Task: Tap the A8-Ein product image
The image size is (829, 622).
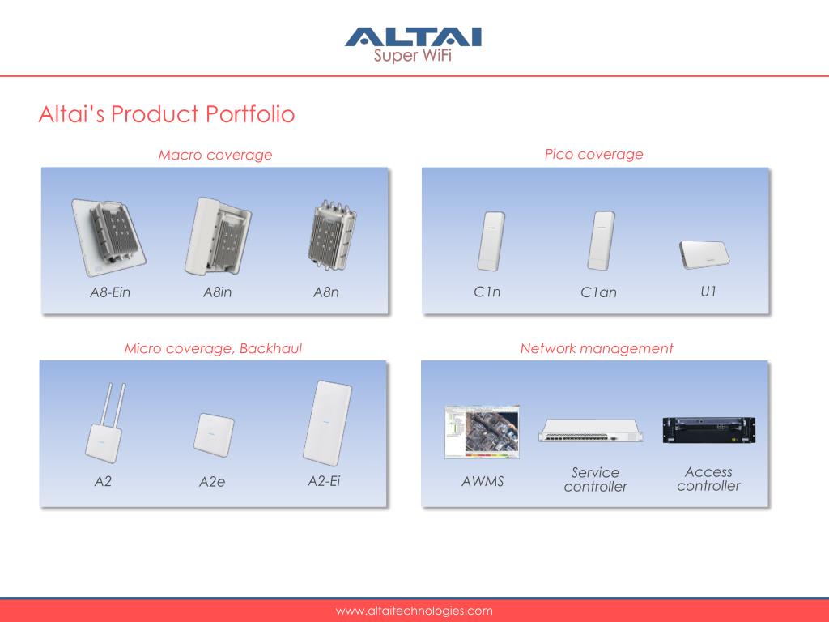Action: click(108, 238)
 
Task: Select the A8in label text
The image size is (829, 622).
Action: click(217, 292)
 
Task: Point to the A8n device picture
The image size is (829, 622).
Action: click(332, 235)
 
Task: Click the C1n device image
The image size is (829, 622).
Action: click(491, 241)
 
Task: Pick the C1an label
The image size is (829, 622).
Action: click(598, 292)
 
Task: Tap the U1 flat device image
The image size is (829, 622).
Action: click(704, 254)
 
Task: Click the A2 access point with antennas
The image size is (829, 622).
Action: click(106, 424)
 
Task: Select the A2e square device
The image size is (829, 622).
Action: click(214, 435)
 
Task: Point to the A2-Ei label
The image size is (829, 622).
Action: click(324, 481)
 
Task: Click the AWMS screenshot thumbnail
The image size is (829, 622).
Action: click(483, 432)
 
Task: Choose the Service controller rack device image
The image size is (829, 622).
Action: click(591, 430)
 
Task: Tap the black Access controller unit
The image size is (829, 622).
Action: click(709, 430)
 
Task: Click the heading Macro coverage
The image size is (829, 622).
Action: click(215, 155)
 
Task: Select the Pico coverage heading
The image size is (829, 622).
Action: click(593, 154)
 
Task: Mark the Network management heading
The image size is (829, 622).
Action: click(597, 348)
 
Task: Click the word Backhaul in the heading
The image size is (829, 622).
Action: click(270, 348)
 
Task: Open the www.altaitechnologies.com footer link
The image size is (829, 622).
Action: click(414, 611)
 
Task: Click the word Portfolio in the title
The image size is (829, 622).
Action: click(250, 113)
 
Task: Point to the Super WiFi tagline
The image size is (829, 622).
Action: click(412, 55)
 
